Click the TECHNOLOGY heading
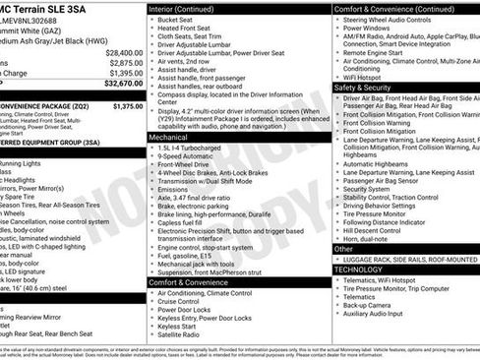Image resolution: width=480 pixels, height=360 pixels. [357, 269]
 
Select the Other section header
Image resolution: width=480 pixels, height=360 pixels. [343, 250]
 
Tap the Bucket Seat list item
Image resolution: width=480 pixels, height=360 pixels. [177, 20]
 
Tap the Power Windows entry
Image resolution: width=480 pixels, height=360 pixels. [369, 30]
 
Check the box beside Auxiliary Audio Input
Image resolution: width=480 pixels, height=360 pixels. [337, 314]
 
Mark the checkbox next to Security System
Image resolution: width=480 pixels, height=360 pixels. [337, 189]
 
